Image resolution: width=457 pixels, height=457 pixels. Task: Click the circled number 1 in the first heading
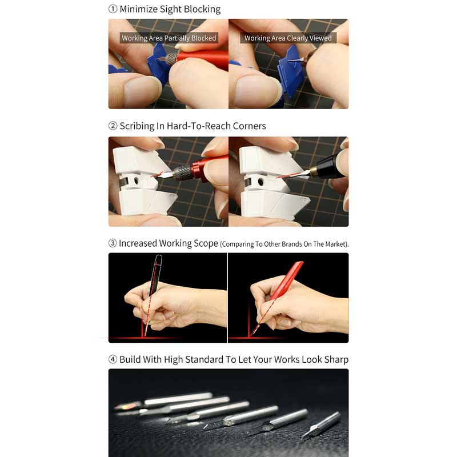click(113, 9)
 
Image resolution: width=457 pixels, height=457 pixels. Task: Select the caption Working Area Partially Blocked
click(169, 38)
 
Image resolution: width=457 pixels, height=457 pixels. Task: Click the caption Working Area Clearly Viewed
click(288, 38)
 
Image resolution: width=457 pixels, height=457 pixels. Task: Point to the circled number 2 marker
click(113, 126)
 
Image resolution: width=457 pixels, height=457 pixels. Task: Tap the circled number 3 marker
click(113, 243)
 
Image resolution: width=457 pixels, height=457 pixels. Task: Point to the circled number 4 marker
click(113, 359)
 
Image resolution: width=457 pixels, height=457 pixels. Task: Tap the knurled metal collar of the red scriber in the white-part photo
click(182, 173)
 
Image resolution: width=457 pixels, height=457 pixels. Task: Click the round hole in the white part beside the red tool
click(136, 181)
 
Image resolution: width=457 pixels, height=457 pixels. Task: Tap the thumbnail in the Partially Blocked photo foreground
click(142, 89)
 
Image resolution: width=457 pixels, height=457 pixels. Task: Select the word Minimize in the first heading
click(139, 9)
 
